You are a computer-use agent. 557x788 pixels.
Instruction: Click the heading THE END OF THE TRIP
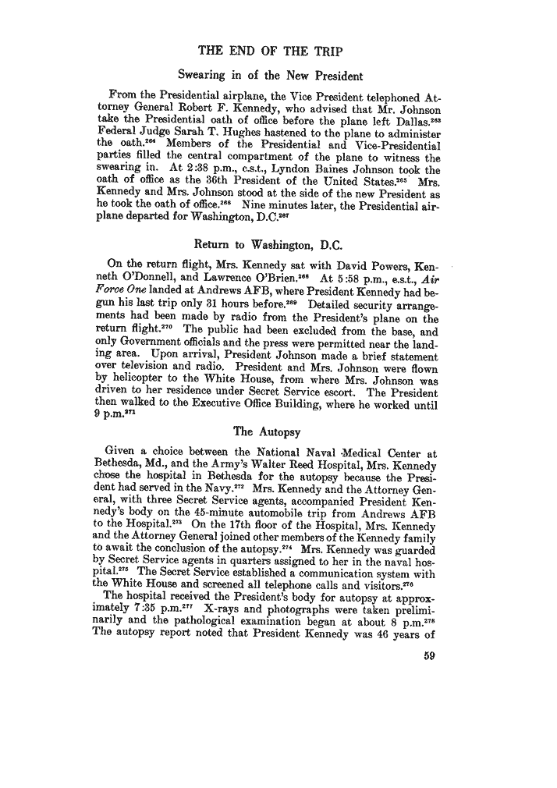276,52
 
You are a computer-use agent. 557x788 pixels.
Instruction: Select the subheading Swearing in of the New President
270,76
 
